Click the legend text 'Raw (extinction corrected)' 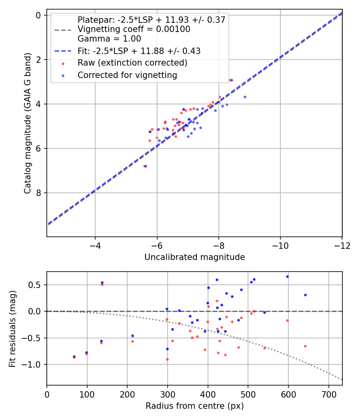click(x=132, y=63)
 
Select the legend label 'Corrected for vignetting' click(x=127, y=75)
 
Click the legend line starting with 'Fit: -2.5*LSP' click(x=139, y=51)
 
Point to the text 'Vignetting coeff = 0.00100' click(x=134, y=29)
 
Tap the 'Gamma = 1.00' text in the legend click(x=109, y=39)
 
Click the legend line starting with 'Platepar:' click(x=151, y=20)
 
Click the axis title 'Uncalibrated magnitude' click(x=194, y=257)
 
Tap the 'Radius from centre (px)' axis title click(x=194, y=406)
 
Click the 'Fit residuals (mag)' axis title click(x=13, y=328)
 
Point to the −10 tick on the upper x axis click(x=280, y=246)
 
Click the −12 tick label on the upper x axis click(x=342, y=246)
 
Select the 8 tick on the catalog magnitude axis click(x=38, y=193)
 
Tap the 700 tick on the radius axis click(x=328, y=394)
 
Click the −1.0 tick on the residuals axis click(x=34, y=364)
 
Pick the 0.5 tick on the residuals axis click(x=37, y=285)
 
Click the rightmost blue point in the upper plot click(x=245, y=97)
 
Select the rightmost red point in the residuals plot click(x=305, y=346)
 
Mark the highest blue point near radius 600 click(x=287, y=276)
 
